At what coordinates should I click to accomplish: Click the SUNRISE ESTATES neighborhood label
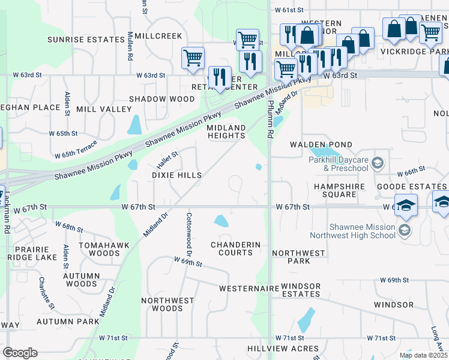pos(85,40)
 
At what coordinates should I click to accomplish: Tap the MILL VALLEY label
pos(106,109)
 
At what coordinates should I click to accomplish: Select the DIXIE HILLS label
pos(176,175)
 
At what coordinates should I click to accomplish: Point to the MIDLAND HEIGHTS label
pos(226,132)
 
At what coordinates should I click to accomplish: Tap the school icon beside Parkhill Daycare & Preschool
pos(377,163)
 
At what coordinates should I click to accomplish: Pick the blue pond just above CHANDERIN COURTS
pos(221,221)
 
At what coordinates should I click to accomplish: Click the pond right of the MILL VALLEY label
pos(134,125)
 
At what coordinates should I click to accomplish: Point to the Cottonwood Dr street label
pos(189,232)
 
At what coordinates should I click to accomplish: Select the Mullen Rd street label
pos(130,46)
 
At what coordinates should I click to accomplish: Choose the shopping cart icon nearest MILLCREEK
pos(193,58)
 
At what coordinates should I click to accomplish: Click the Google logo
pos(20,353)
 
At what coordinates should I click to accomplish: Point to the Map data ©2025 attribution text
pos(423,355)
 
